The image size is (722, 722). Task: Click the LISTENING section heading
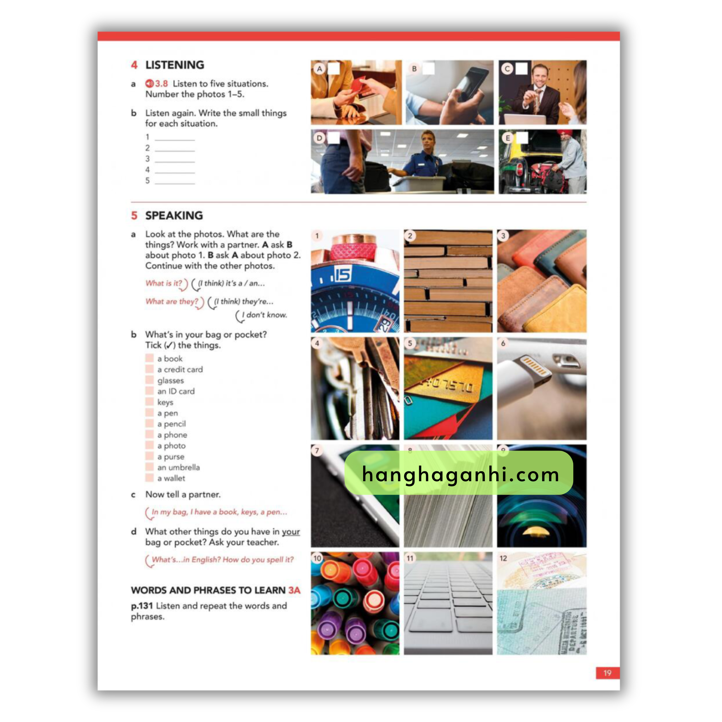(175, 65)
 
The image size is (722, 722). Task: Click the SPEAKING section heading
(174, 216)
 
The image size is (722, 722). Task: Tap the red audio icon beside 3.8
(149, 83)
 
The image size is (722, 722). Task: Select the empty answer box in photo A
(334, 68)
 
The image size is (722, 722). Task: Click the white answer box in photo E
(522, 138)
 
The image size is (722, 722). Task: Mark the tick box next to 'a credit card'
(149, 369)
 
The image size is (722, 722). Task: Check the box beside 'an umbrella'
(149, 467)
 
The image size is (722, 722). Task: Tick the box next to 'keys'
(149, 402)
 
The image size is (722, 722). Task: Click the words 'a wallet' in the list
(171, 478)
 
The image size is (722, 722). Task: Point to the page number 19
(607, 673)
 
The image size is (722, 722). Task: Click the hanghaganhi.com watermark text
(460, 475)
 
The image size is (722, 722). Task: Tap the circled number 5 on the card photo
(410, 343)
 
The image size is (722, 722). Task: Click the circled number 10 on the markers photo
(317, 558)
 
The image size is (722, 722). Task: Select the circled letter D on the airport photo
(319, 138)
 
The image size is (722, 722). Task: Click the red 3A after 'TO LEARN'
(294, 591)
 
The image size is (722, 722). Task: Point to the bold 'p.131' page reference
(142, 606)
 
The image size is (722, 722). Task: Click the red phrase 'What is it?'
(164, 283)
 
